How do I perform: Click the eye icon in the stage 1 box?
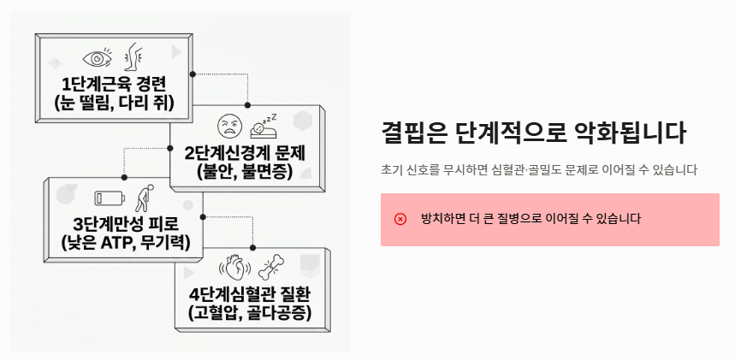(x=97, y=59)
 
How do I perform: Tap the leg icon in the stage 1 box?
(x=133, y=56)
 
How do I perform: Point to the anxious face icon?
(x=227, y=127)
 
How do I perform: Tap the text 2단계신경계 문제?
(x=246, y=154)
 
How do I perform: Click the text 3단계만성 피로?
(x=126, y=225)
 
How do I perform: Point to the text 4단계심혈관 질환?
(x=251, y=295)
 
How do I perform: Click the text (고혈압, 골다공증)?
(x=251, y=314)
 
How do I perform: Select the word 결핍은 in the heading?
(x=414, y=134)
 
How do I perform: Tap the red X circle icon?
(x=400, y=219)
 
